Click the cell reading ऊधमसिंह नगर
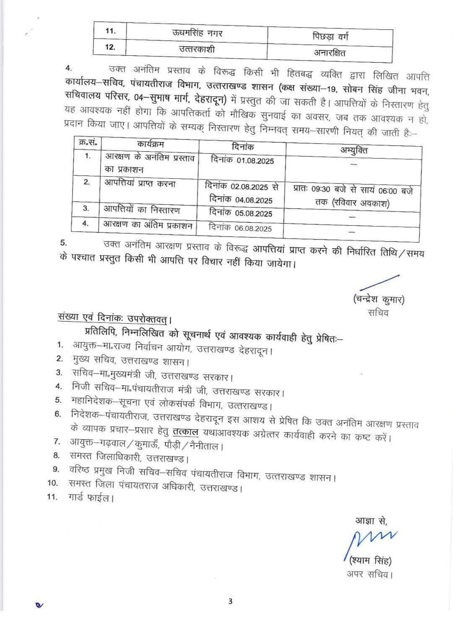click(197, 33)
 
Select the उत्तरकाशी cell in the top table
click(197, 49)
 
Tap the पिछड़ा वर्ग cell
click(330, 37)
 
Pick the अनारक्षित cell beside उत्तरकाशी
click(330, 53)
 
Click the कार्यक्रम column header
click(150, 144)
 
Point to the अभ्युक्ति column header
click(354, 149)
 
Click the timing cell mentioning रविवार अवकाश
click(353, 196)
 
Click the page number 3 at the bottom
click(230, 602)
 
